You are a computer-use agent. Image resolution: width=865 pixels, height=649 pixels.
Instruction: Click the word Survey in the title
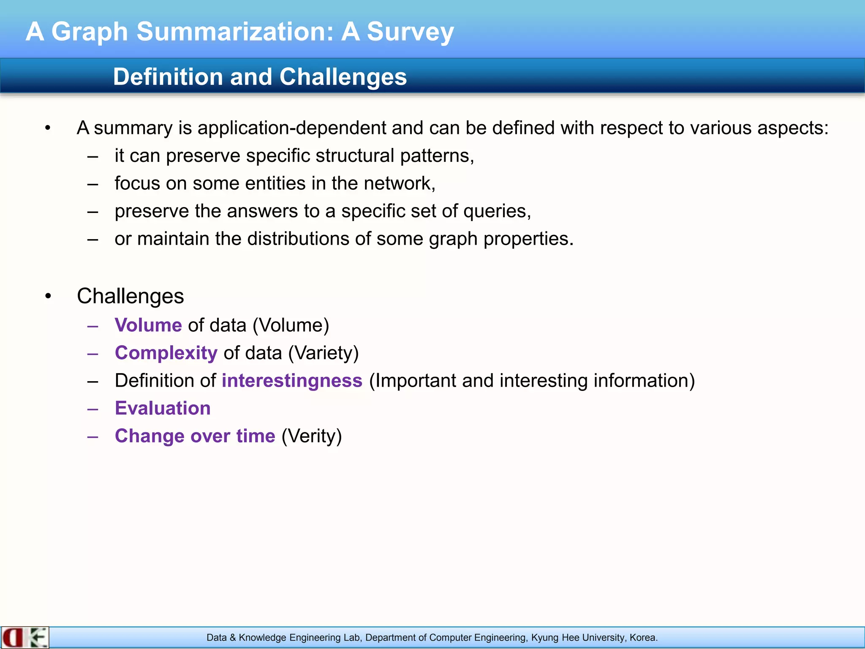coord(410,32)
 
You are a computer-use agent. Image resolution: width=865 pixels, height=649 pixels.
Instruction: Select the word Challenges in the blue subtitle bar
coord(343,77)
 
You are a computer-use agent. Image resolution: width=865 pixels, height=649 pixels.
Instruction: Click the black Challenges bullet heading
coord(130,296)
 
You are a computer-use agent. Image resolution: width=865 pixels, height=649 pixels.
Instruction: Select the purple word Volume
coord(148,325)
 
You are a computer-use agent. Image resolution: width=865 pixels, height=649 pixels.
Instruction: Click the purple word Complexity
coord(166,353)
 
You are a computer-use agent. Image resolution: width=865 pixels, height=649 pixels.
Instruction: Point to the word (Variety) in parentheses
coord(323,353)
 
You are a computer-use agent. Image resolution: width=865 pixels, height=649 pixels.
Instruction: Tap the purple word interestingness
coord(292,381)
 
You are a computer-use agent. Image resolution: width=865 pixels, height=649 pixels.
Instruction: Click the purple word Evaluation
coord(163,409)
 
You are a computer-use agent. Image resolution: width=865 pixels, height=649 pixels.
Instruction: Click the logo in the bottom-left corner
coord(25,638)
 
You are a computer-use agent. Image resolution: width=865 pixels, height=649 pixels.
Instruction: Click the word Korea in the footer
coord(643,638)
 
